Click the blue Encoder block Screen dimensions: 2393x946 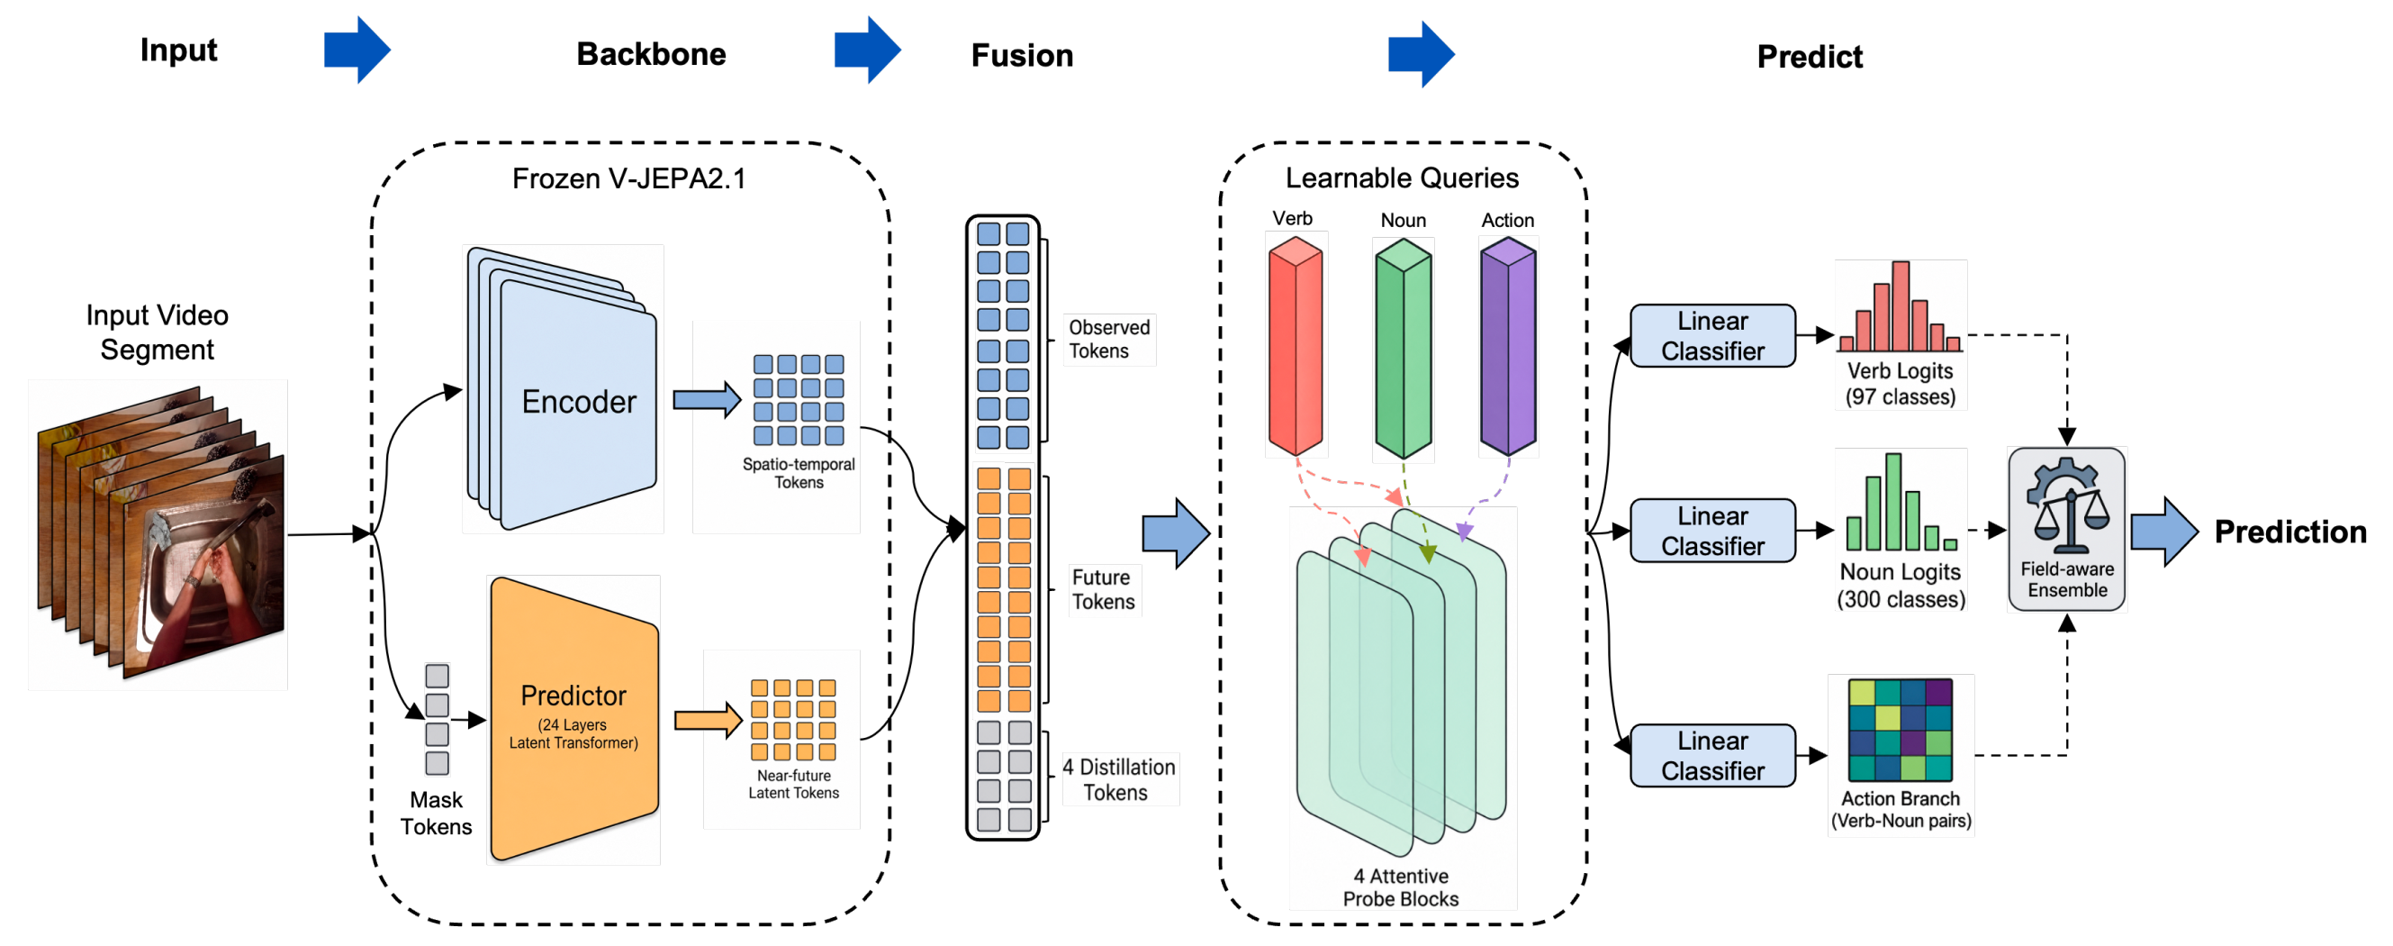coord(563,390)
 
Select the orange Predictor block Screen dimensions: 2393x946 coord(574,718)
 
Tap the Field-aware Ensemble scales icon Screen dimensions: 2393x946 coord(2067,506)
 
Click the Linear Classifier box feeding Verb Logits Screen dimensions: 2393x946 coord(1712,335)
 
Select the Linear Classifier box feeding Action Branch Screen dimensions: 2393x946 coord(1712,756)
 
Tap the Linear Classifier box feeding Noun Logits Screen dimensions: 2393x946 coord(1712,531)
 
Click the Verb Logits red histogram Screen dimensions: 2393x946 coord(1900,306)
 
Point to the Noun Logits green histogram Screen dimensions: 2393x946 coord(1901,502)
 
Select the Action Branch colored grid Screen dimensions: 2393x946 coord(1900,730)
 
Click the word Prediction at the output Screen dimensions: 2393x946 coord(2289,532)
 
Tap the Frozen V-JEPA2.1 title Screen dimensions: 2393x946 coord(629,178)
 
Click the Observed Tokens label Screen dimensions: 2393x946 coord(1109,339)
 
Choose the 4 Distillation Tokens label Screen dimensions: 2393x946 coord(1119,779)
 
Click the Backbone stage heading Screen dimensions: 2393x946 coord(651,54)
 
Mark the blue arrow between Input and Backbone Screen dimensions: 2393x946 coord(357,50)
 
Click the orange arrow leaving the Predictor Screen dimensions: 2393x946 coord(708,719)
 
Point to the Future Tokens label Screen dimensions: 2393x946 coord(1104,589)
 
